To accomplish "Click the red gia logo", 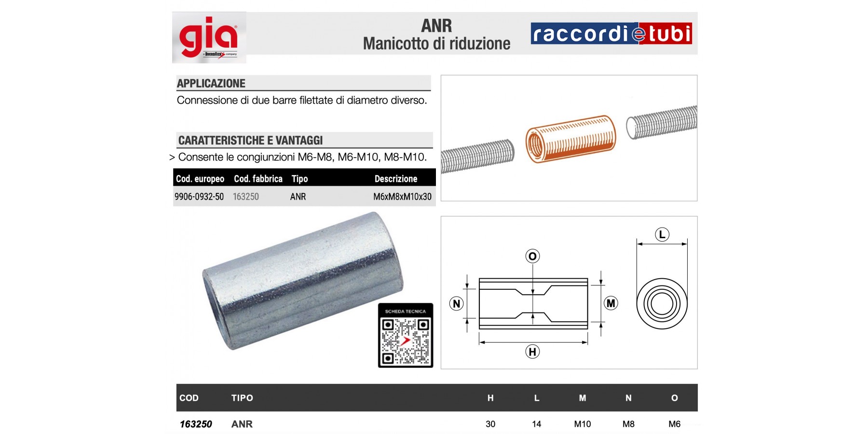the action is [208, 38].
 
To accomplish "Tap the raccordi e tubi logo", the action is [611, 33].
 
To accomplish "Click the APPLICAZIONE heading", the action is [211, 83].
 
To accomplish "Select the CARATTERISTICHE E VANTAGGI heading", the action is [250, 140].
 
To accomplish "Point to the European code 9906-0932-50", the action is [199, 197].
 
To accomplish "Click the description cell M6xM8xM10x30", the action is [402, 197].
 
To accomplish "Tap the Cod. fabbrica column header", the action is [258, 179].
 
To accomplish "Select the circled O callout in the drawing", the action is [532, 256].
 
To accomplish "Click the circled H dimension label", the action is [532, 352].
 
